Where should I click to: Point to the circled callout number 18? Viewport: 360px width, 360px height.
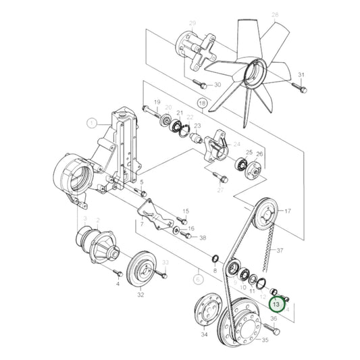click(x=201, y=102)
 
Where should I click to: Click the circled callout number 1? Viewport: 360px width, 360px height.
click(x=91, y=123)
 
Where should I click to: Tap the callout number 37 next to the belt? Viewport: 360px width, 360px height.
click(x=278, y=250)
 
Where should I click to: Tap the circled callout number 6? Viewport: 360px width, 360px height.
click(x=197, y=277)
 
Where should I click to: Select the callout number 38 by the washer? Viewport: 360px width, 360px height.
click(x=202, y=238)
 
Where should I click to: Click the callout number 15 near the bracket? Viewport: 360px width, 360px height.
click(x=186, y=211)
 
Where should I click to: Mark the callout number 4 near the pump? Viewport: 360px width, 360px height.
click(x=117, y=284)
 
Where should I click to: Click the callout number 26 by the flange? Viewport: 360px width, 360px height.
click(x=260, y=154)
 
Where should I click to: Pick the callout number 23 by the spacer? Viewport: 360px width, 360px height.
click(x=198, y=126)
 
